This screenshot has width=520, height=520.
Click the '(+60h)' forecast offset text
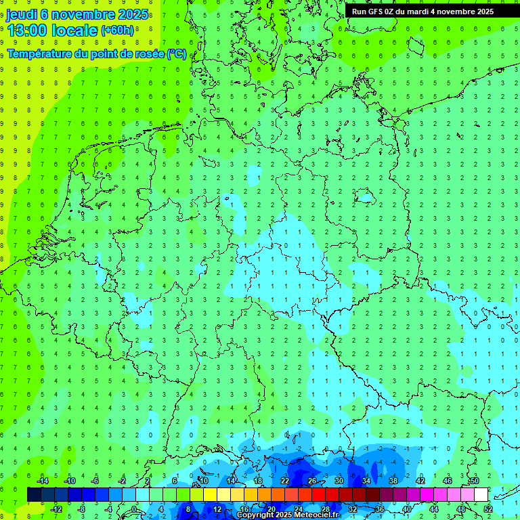[117, 30]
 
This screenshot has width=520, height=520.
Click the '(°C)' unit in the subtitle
[177, 53]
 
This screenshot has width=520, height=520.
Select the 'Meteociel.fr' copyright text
[314, 515]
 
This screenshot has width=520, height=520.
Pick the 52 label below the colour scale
[488, 509]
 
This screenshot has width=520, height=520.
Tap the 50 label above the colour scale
[475, 481]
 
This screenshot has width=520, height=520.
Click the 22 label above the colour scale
[285, 481]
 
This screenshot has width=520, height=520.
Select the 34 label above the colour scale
[366, 481]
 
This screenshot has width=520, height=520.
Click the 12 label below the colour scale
[217, 509]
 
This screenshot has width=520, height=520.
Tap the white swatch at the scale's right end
[481, 495]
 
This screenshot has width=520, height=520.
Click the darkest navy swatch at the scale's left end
[34, 495]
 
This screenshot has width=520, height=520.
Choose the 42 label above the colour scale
[420, 481]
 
